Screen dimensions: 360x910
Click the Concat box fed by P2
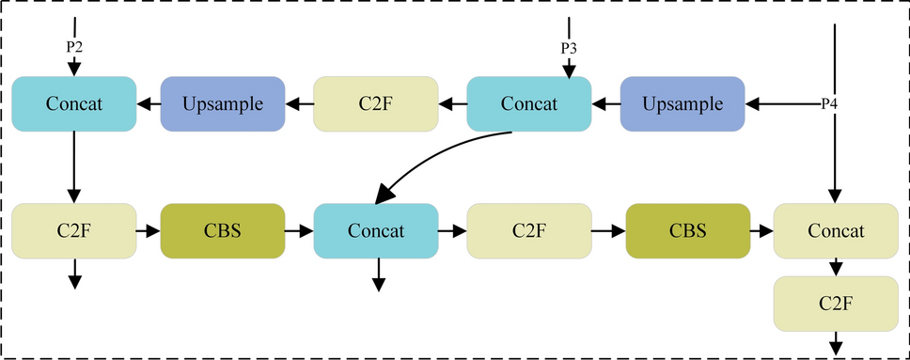click(73, 103)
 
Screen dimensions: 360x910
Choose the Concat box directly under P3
click(529, 103)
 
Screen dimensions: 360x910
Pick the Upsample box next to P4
click(682, 103)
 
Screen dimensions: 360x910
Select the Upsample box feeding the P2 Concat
click(223, 103)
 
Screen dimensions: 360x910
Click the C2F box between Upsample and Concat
click(376, 103)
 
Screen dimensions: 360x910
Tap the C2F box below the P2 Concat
click(73, 230)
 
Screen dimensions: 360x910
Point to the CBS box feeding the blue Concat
click(223, 230)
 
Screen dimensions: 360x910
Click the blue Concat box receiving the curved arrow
click(376, 230)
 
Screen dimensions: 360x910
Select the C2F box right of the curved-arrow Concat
click(529, 230)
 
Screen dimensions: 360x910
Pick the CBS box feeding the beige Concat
click(687, 230)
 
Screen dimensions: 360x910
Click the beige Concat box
click(835, 230)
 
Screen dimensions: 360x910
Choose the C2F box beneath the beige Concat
click(835, 303)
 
